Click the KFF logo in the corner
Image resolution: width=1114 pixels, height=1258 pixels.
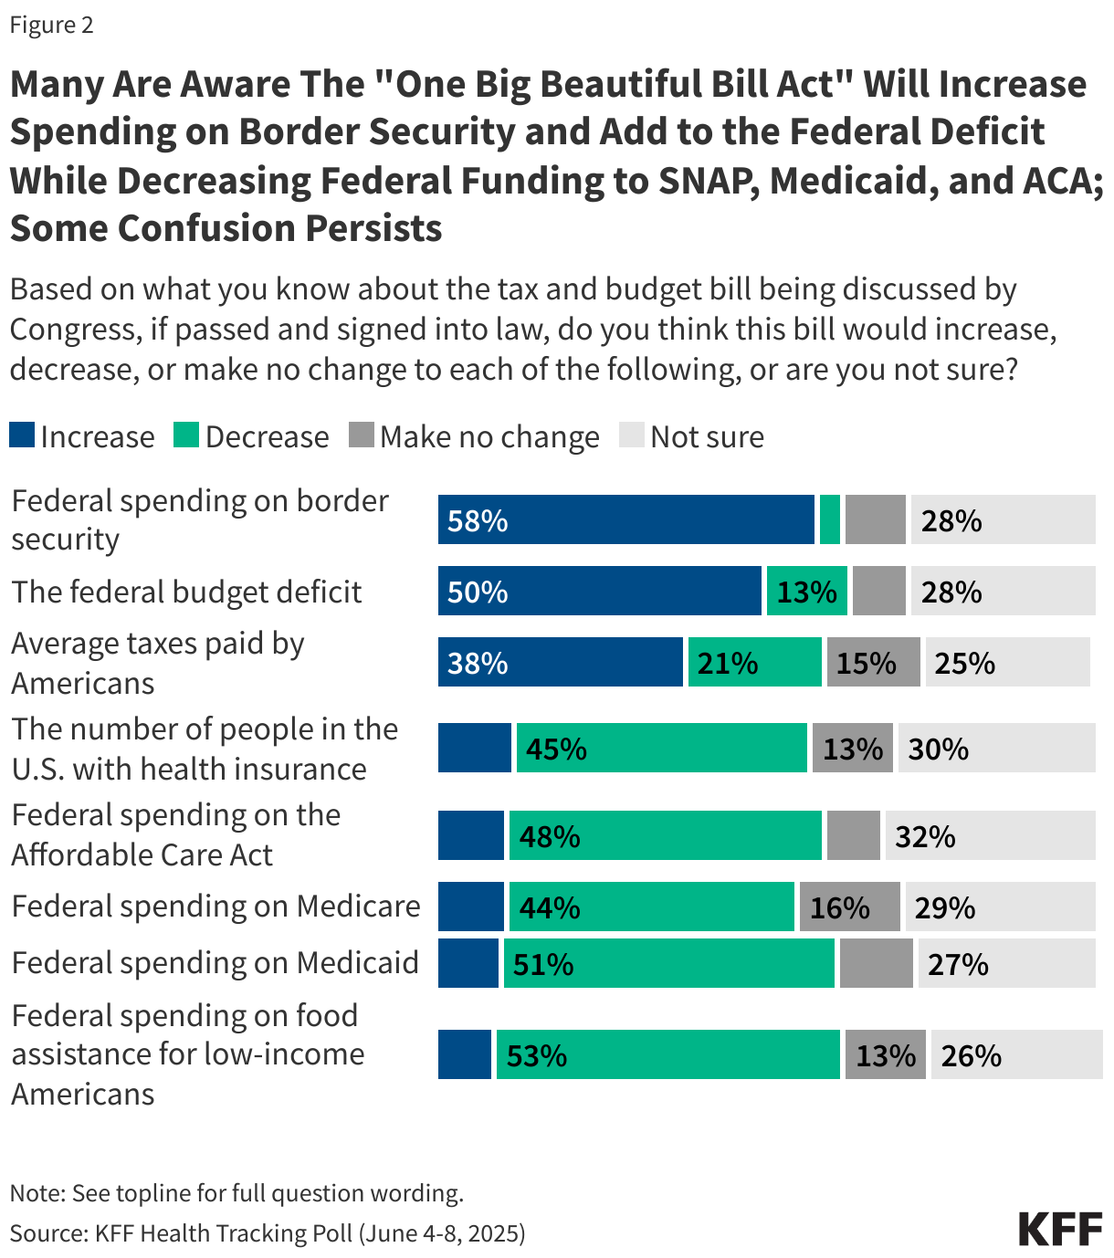1060,1229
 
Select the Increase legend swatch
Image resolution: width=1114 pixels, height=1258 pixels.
22,435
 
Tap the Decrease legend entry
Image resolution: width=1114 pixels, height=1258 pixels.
251,436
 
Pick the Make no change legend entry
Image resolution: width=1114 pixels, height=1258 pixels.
475,436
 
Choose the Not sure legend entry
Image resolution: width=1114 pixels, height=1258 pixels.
692,436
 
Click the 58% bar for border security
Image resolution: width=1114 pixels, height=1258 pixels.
625,520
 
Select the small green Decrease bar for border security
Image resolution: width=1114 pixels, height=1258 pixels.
830,520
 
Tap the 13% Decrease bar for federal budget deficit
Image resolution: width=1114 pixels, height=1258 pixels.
807,592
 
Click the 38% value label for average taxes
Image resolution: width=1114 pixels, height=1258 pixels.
478,663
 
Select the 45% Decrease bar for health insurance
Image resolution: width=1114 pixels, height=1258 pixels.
662,749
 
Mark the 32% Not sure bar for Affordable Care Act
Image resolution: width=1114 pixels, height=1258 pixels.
990,836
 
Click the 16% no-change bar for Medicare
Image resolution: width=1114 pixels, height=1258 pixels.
849,907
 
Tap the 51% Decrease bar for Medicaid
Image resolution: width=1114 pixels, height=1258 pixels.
669,964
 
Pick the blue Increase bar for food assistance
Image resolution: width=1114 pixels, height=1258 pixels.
465,1055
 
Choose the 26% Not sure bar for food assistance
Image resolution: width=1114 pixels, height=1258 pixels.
1016,1055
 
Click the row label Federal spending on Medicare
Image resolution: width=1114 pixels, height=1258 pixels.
216,907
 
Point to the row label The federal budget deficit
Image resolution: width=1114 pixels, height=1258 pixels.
186,592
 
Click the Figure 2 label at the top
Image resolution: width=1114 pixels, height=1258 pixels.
51,25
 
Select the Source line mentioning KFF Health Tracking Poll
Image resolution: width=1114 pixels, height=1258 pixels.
268,1233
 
